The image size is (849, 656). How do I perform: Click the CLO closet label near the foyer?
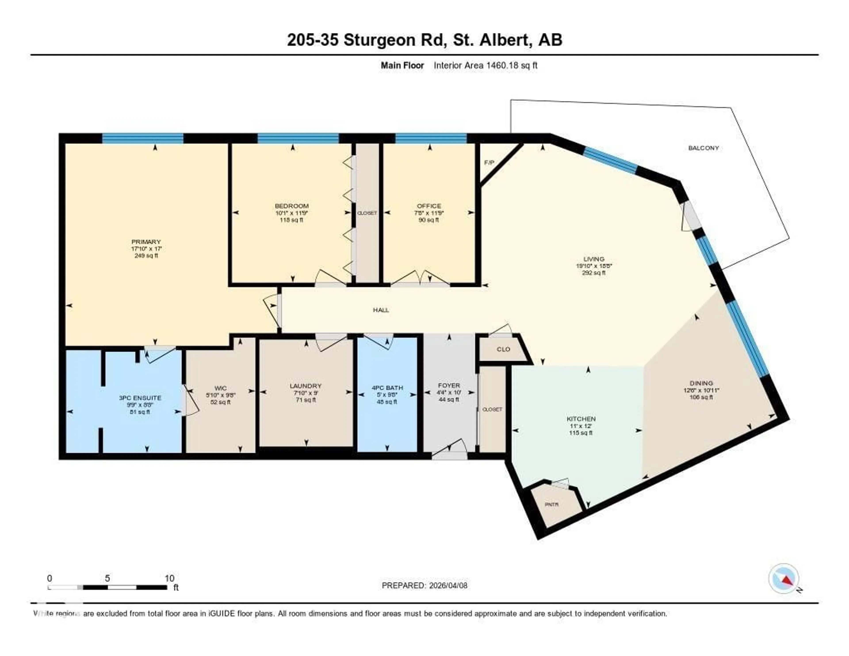(x=503, y=349)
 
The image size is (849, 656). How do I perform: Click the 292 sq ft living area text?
(x=594, y=273)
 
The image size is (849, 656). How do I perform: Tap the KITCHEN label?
(x=581, y=419)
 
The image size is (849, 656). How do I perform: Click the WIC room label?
(x=220, y=388)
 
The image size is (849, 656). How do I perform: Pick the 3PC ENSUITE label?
(x=140, y=398)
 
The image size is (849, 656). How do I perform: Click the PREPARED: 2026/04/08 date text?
(x=424, y=586)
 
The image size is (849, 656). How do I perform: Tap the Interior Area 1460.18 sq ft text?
(x=486, y=65)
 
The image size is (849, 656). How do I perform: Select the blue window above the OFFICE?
(x=431, y=138)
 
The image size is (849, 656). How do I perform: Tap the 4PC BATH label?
(x=387, y=388)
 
